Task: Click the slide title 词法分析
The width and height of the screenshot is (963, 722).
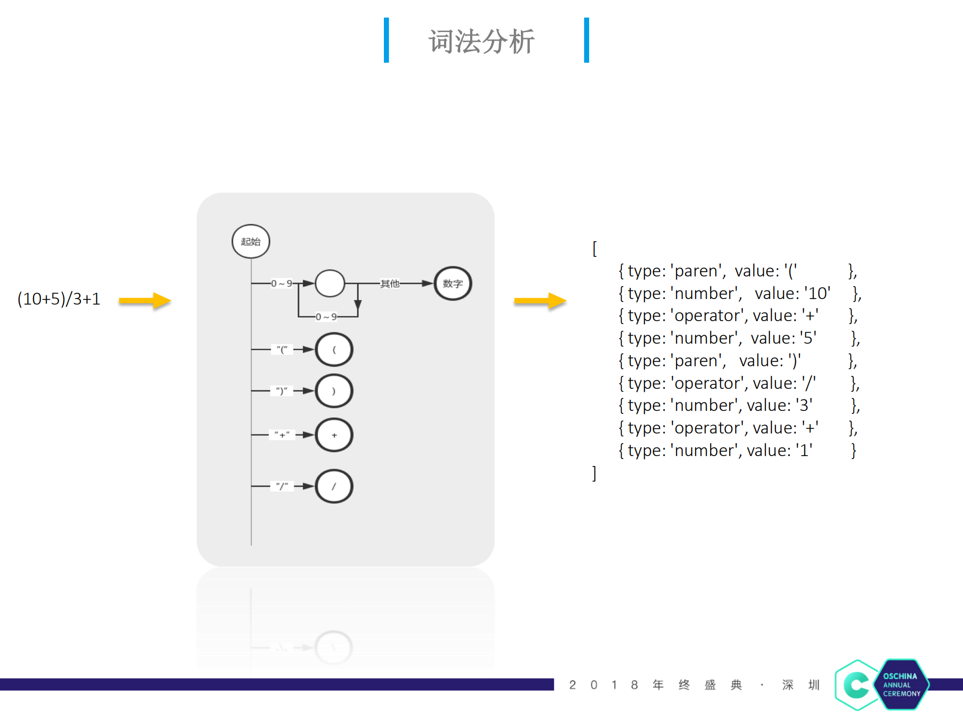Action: [481, 41]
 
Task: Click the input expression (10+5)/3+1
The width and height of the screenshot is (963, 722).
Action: [59, 299]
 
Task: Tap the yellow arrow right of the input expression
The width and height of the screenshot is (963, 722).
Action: [145, 301]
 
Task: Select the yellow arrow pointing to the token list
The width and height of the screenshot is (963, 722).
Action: [540, 301]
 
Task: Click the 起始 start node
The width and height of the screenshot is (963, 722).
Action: [251, 241]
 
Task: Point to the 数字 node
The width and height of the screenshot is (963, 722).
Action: [453, 283]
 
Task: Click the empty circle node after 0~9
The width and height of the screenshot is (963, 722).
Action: [330, 283]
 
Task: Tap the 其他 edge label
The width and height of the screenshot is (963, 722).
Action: [389, 283]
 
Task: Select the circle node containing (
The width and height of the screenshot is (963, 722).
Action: [334, 350]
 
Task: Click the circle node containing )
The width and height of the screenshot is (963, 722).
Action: [334, 391]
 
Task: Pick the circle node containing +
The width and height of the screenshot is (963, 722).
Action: [334, 435]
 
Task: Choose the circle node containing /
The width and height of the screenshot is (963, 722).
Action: [334, 486]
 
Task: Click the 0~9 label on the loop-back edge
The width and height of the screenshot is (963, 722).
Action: [326, 317]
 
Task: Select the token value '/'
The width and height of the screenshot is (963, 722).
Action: [808, 383]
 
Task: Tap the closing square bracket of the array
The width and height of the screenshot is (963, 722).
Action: [595, 473]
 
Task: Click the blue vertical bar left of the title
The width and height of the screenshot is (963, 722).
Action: [386, 40]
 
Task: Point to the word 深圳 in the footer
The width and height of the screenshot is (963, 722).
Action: [800, 685]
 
